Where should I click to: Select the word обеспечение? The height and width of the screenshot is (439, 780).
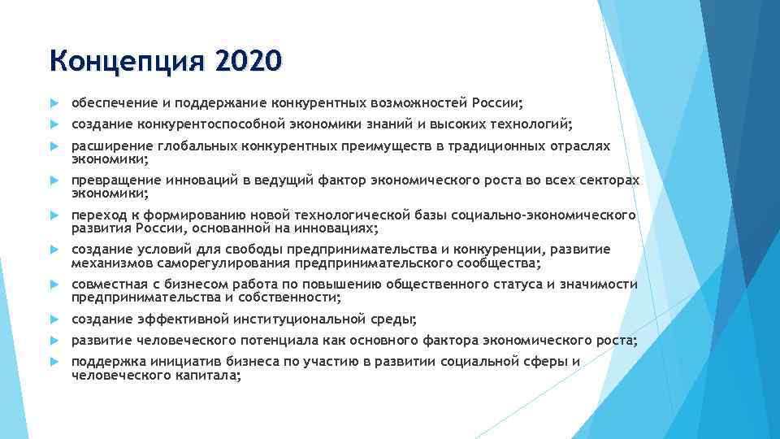coord(112,103)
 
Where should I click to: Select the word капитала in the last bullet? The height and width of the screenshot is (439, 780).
coord(208,375)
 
